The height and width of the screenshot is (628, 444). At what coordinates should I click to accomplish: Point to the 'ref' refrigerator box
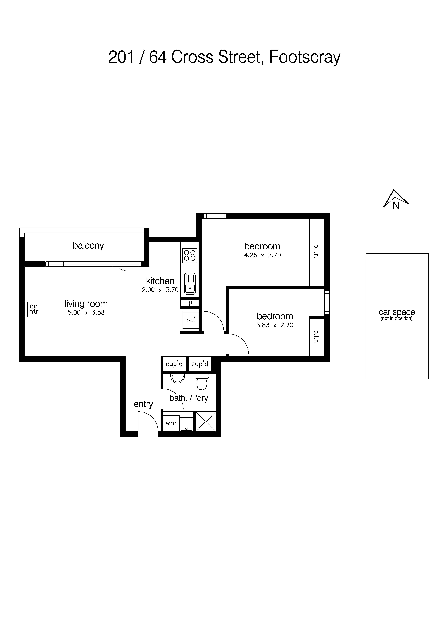(x=191, y=320)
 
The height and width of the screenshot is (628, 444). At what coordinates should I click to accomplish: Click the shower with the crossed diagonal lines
(x=206, y=422)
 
